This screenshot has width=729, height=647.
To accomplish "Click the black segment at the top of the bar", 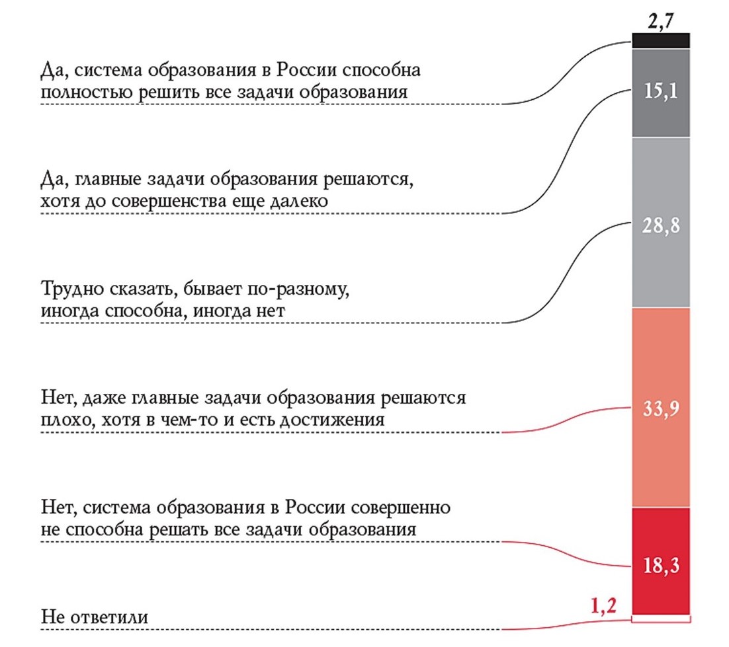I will pos(661,40).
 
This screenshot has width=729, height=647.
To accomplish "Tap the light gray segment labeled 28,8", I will pos(661,264).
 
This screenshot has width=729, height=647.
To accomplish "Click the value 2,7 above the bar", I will pos(662,22).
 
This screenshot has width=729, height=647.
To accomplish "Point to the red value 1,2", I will pos(602,605).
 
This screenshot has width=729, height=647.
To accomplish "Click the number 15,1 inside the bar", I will pos(661,91).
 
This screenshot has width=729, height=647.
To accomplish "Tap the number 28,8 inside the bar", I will pos(661,225).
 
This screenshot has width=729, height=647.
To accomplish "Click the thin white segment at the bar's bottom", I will pos(661,618).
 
